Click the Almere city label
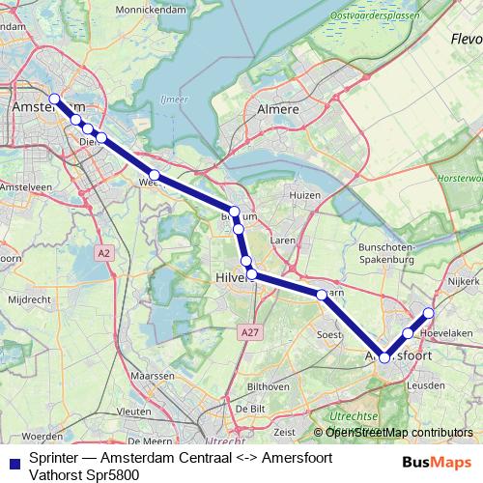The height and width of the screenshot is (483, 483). click(278, 110)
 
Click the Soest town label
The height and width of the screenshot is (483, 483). click(330, 334)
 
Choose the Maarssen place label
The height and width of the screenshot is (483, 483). click(153, 375)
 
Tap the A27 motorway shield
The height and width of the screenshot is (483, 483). click(251, 332)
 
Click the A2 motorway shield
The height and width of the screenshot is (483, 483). click(104, 252)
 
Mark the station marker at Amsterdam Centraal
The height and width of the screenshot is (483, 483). click(55, 99)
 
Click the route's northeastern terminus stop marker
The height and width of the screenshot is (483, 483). click(429, 313)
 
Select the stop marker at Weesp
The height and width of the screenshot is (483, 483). click(154, 175)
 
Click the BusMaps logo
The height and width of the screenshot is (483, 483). click(437, 463)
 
